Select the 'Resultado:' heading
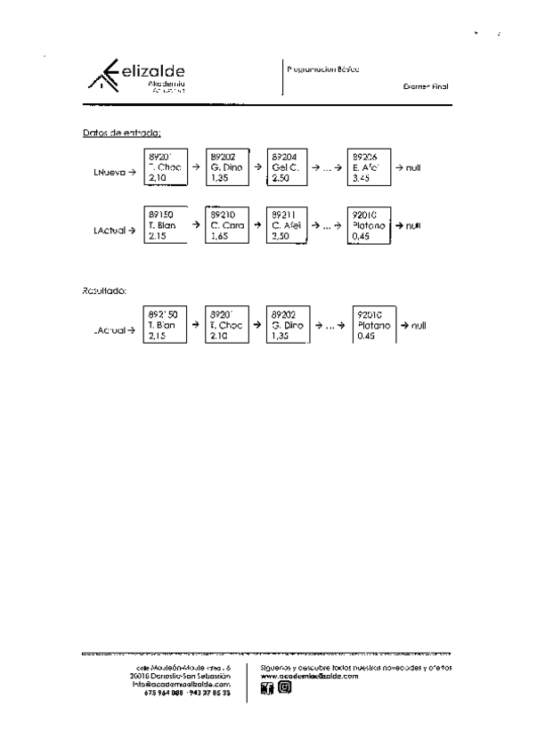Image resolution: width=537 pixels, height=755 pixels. click(x=104, y=289)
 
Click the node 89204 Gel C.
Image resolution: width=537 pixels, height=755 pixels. click(x=287, y=166)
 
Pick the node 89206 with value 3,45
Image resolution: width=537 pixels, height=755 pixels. click(x=369, y=166)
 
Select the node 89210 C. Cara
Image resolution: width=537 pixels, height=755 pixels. click(x=225, y=225)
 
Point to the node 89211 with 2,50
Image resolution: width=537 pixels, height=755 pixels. click(x=287, y=225)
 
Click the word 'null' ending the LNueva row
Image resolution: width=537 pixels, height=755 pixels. click(x=412, y=167)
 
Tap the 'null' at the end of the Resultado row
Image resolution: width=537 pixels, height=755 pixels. click(x=419, y=326)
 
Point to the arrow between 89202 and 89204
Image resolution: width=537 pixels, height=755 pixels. click(x=256, y=167)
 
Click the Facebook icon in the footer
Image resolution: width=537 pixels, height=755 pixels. click(x=266, y=688)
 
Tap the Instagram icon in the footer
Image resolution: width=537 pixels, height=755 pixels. click(x=284, y=688)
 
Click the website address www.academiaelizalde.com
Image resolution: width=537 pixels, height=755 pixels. click(x=309, y=676)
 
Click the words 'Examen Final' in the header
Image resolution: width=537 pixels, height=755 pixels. click(x=426, y=86)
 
